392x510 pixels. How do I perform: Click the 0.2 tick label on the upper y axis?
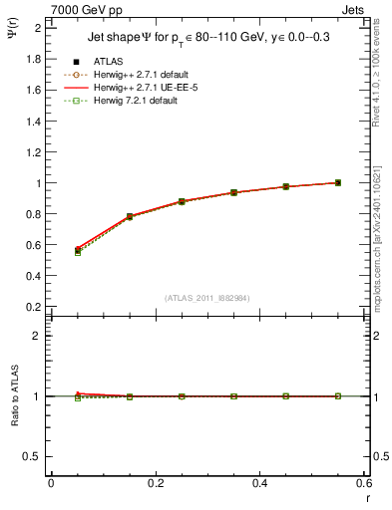pos(33,308)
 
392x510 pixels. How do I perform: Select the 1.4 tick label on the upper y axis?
pos(33,121)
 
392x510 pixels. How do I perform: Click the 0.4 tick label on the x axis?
pos(259,484)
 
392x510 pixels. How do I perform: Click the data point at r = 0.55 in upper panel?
pos(338,182)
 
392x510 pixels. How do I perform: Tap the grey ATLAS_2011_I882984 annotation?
pos(206,297)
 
